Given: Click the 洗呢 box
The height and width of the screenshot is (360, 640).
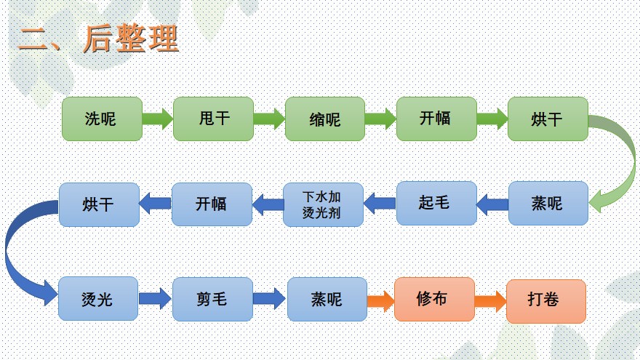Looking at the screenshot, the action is tap(102, 119).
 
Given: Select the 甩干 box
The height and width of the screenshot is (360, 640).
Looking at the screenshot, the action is tap(214, 119).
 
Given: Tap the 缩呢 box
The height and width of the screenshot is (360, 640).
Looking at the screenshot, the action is tap(325, 119).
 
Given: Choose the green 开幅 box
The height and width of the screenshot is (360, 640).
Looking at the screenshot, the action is tap(436, 119).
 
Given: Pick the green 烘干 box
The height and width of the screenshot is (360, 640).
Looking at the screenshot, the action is tap(548, 119).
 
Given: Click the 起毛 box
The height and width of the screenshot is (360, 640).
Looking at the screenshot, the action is tap(436, 203).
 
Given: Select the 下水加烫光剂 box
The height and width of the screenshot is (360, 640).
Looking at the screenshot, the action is tap(323, 204).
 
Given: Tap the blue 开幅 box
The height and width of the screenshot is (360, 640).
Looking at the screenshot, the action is tap(212, 204).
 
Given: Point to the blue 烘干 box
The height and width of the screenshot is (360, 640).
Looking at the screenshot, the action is tap(99, 204).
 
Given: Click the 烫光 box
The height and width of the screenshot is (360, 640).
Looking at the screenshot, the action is tap(98, 299).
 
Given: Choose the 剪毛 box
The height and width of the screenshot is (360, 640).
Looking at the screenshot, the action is tap(212, 299).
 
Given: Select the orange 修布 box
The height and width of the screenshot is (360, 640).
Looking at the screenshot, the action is tap(434, 299).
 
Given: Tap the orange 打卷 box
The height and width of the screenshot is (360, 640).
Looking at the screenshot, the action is tap(546, 301).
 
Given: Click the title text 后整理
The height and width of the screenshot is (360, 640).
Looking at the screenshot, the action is tap(131, 39).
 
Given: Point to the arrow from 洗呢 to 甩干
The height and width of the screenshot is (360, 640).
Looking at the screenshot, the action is tap(158, 119).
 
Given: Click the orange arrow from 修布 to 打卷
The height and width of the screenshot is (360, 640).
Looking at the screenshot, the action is tap(490, 301).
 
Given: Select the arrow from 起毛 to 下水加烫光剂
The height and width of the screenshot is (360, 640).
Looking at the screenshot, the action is tap(380, 203).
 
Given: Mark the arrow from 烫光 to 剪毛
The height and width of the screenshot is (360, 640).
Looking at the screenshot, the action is tap(155, 299).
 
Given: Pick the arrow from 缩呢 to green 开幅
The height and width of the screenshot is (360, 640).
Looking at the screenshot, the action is tap(380, 119).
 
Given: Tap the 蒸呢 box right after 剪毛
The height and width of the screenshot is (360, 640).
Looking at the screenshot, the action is tap(327, 299).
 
